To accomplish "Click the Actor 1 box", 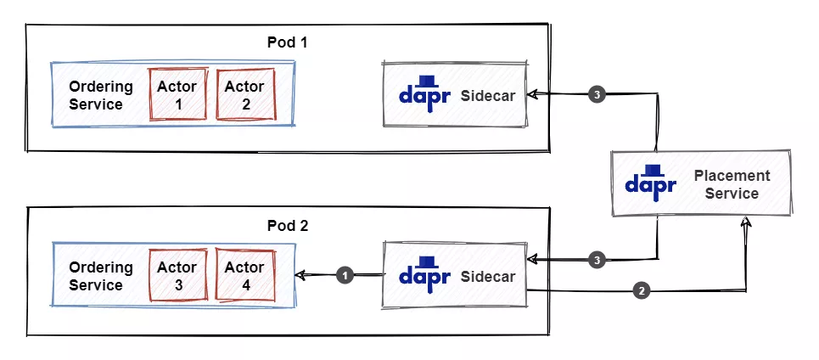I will click(177, 94).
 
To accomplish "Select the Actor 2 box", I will click(244, 94).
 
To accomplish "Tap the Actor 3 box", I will click(178, 276).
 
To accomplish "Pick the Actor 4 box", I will click(245, 276).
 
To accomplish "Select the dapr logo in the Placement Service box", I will click(651, 181).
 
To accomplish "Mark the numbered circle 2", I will click(642, 291).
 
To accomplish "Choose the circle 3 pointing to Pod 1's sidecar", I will click(597, 95).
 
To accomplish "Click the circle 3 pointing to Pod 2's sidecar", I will click(597, 260).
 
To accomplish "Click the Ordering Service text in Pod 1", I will click(101, 95).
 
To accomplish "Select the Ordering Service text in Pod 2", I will click(101, 276).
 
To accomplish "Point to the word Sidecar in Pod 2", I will click(488, 277).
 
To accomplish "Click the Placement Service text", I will click(732, 184).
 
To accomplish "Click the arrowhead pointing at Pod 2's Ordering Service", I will click(300, 275).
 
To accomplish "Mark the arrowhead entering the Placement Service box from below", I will click(746, 222).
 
